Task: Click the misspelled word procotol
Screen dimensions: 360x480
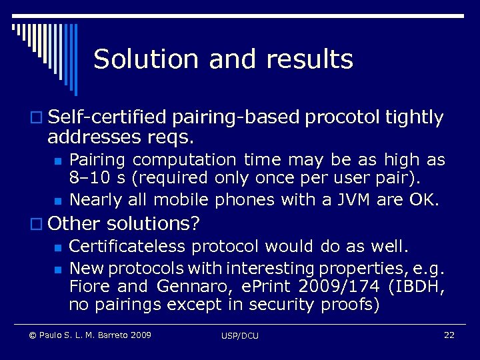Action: [342, 118]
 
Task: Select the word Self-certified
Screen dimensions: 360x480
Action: [109, 118]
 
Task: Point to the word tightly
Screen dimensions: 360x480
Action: [414, 118]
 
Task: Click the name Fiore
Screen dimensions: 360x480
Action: [90, 287]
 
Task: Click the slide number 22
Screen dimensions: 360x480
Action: [449, 335]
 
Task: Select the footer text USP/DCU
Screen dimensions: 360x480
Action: [240, 335]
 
